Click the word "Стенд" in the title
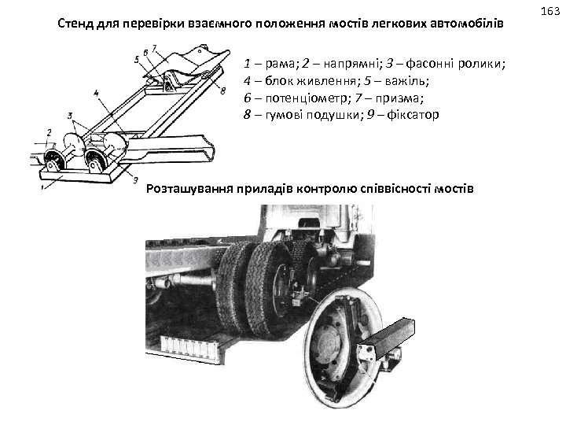pos(77,23)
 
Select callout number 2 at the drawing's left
pos(49,132)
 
